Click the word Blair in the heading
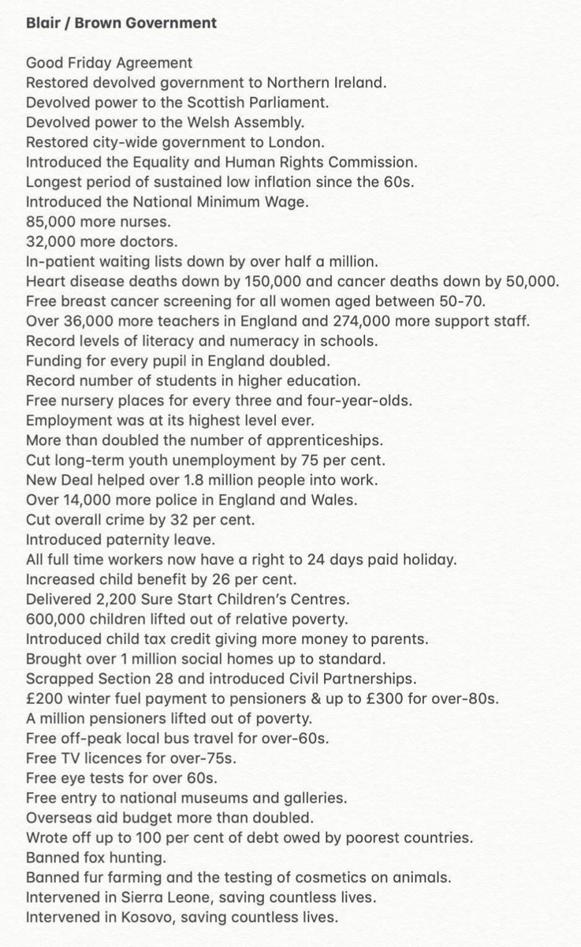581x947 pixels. coord(44,24)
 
